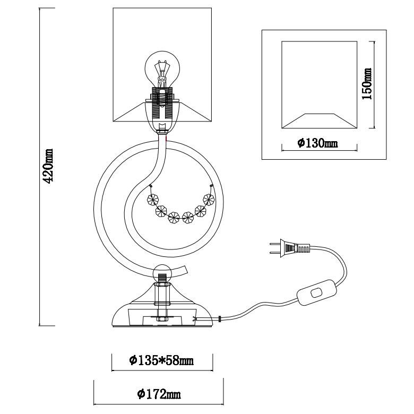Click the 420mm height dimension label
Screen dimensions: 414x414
(48, 166)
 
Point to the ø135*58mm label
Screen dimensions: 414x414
(161, 361)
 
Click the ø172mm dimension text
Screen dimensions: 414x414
(158, 393)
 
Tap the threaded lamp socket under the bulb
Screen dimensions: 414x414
(163, 103)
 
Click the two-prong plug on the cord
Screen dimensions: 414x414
(289, 247)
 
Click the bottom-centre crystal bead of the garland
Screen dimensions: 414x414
(174, 217)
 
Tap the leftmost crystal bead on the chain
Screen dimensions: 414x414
(153, 200)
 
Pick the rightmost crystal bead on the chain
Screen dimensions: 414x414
(209, 201)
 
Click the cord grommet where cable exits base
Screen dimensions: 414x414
(219, 320)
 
